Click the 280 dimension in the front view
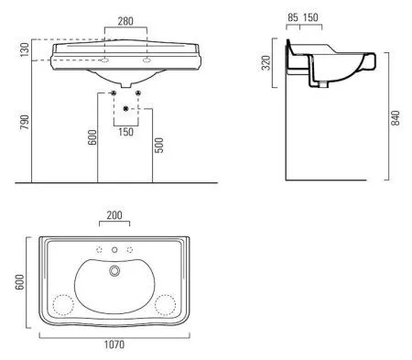coord(125,21)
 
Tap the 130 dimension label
coord(25,49)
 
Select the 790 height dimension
coord(25,122)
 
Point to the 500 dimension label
coord(159,145)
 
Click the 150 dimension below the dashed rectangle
coord(125,132)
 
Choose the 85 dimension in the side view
coord(293,17)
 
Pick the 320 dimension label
coord(266,62)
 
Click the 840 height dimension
coord(396,118)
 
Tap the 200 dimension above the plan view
coord(114,215)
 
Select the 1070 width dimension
coord(114,344)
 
